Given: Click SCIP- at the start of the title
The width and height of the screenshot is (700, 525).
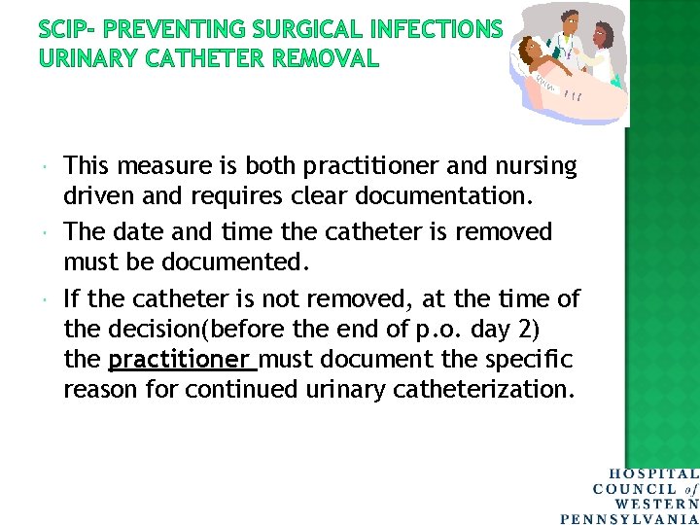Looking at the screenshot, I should tap(70, 29).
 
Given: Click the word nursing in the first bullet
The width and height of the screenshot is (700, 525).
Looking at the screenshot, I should tap(532, 167).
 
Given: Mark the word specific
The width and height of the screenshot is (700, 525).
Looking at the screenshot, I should tap(531, 360).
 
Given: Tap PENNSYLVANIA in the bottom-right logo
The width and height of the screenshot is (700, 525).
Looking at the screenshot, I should tap(630, 516).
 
